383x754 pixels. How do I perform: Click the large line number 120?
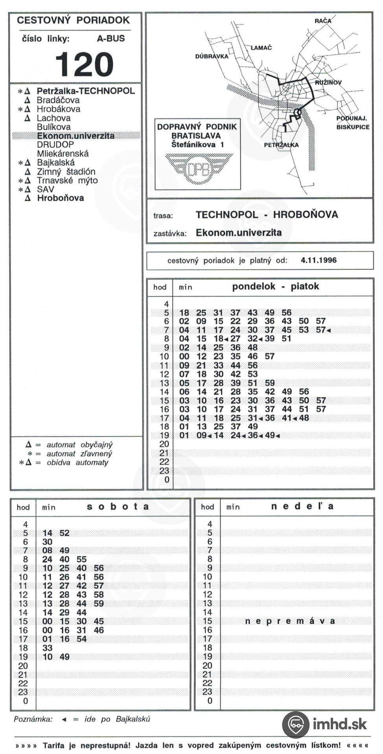(84, 64)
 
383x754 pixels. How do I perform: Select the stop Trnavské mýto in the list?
(67, 181)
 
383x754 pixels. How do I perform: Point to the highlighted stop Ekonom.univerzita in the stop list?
(76, 136)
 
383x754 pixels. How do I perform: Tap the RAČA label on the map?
(323, 21)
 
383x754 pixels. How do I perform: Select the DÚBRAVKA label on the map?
(212, 57)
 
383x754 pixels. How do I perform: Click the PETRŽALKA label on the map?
(281, 145)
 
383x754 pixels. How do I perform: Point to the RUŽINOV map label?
(328, 82)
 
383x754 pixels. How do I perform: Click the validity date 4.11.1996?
(319, 260)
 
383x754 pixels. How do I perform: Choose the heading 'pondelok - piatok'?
(275, 286)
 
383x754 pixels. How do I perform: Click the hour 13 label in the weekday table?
(164, 383)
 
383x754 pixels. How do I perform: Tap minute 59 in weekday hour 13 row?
(270, 383)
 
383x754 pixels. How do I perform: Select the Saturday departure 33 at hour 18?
(47, 648)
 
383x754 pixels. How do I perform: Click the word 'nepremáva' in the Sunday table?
(290, 621)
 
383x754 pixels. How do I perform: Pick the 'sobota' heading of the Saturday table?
(118, 507)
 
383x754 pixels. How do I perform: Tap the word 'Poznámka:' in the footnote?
(33, 719)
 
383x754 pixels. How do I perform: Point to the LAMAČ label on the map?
(261, 48)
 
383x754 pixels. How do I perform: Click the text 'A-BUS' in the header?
(111, 38)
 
